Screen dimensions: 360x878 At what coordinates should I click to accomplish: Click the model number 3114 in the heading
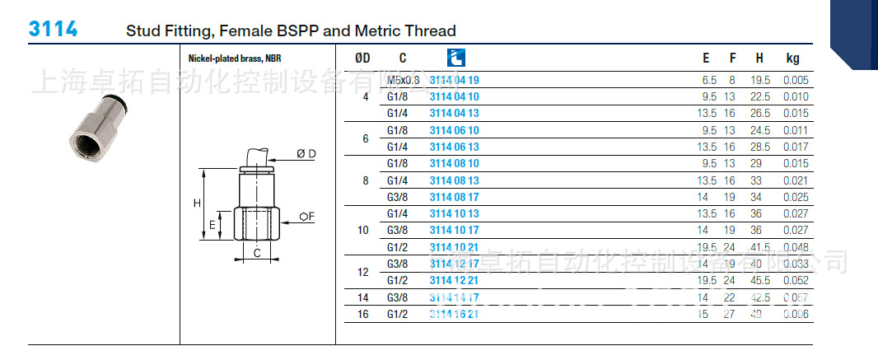click(54, 30)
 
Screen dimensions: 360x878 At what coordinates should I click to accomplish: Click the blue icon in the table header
click(455, 58)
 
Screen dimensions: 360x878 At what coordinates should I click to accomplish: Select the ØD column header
click(362, 58)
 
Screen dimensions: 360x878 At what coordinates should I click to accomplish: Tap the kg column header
click(792, 58)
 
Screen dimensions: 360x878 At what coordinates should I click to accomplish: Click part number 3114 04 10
click(454, 96)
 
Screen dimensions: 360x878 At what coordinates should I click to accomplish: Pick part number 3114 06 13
click(454, 147)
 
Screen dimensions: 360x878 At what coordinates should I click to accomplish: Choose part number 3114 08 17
click(454, 197)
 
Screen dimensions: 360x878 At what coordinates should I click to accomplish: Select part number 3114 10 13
click(454, 213)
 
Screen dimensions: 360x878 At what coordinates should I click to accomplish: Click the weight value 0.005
click(796, 80)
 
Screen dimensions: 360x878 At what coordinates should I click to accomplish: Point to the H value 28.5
click(760, 147)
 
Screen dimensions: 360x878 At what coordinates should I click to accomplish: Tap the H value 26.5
click(760, 113)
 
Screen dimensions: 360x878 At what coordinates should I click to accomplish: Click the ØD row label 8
click(366, 180)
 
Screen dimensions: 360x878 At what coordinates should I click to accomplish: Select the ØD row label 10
click(363, 230)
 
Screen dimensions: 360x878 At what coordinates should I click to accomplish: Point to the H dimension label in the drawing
click(197, 203)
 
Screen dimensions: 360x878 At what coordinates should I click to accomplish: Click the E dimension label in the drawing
click(212, 224)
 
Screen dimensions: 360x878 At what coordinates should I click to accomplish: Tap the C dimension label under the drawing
click(257, 253)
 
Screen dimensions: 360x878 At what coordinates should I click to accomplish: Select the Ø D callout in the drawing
click(306, 153)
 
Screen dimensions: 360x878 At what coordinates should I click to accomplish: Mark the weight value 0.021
click(796, 180)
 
